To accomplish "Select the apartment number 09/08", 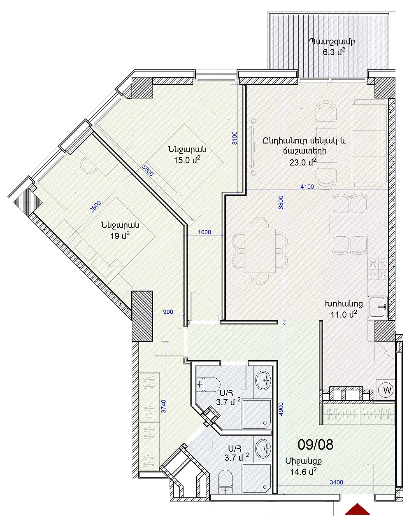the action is (315, 444).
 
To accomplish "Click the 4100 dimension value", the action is (307, 187).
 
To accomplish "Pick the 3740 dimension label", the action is (163, 406).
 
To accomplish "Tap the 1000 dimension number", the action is (205, 232).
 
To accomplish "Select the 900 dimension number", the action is (168, 312).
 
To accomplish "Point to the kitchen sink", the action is (378, 306).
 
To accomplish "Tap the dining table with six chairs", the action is (260, 251).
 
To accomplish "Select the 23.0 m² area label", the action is (303, 162).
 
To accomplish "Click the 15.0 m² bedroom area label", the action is (187, 160).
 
